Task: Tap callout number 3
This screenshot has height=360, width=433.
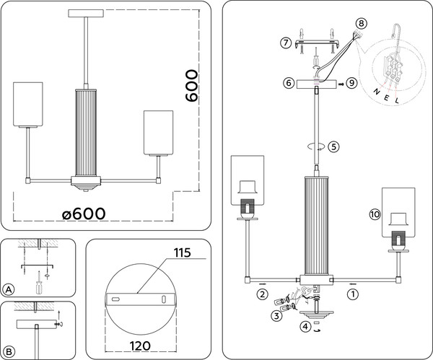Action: tap(276, 315)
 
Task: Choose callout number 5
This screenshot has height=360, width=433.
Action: tap(333, 146)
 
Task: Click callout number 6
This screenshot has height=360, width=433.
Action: tap(289, 84)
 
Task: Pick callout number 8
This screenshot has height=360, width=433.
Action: tap(361, 25)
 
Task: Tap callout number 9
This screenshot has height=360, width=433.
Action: tap(351, 84)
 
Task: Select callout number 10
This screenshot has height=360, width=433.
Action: tap(373, 214)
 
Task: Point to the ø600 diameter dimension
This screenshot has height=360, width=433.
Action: tap(85, 213)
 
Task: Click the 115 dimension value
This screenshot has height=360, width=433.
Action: tap(181, 253)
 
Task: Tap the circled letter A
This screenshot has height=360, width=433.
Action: tap(9, 290)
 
